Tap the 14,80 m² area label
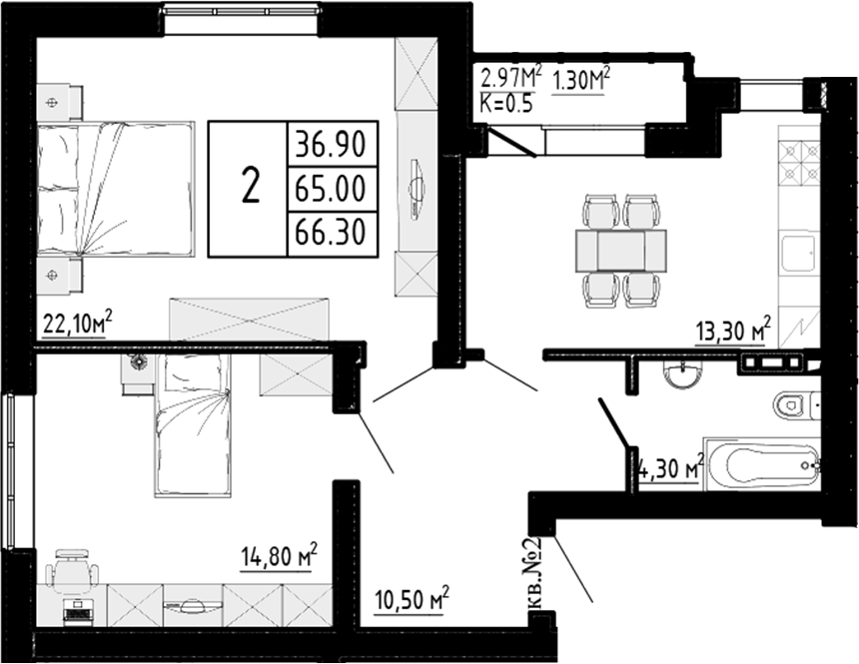click(279, 554)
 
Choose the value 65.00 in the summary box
click(329, 186)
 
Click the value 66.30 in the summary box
click(329, 231)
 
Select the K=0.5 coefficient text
click(507, 101)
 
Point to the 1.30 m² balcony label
click(580, 80)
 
